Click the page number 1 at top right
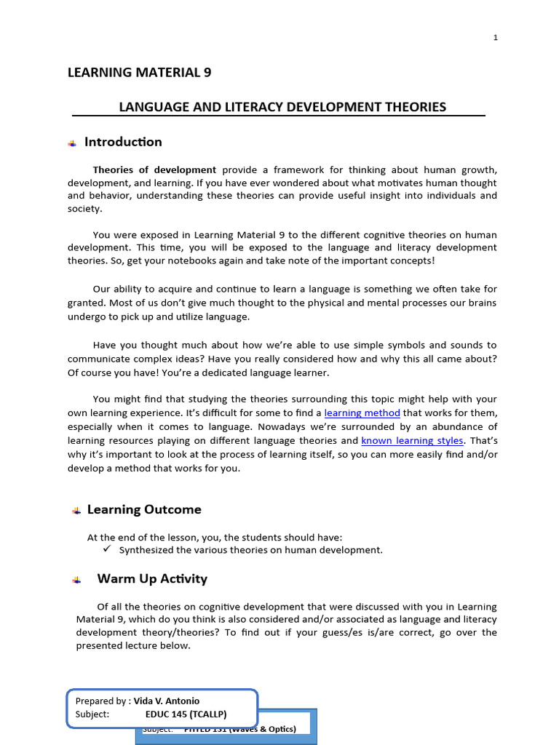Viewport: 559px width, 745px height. click(496, 38)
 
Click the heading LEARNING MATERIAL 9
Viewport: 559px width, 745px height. click(139, 72)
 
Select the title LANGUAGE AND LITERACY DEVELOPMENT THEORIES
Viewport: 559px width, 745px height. click(282, 107)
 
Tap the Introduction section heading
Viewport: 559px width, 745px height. click(123, 142)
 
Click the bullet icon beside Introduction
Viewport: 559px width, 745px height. click(72, 143)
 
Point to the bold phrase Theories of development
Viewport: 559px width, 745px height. click(154, 170)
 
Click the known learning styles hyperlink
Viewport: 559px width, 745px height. click(412, 441)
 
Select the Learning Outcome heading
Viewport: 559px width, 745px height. click(144, 509)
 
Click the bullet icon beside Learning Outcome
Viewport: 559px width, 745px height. click(76, 511)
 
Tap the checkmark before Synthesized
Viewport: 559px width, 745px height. click(106, 549)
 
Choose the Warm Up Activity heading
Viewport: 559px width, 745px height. click(152, 579)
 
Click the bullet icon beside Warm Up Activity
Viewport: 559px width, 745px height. click(76, 581)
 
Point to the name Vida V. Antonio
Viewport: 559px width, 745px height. click(167, 701)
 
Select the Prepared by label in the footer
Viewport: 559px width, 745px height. click(103, 701)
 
